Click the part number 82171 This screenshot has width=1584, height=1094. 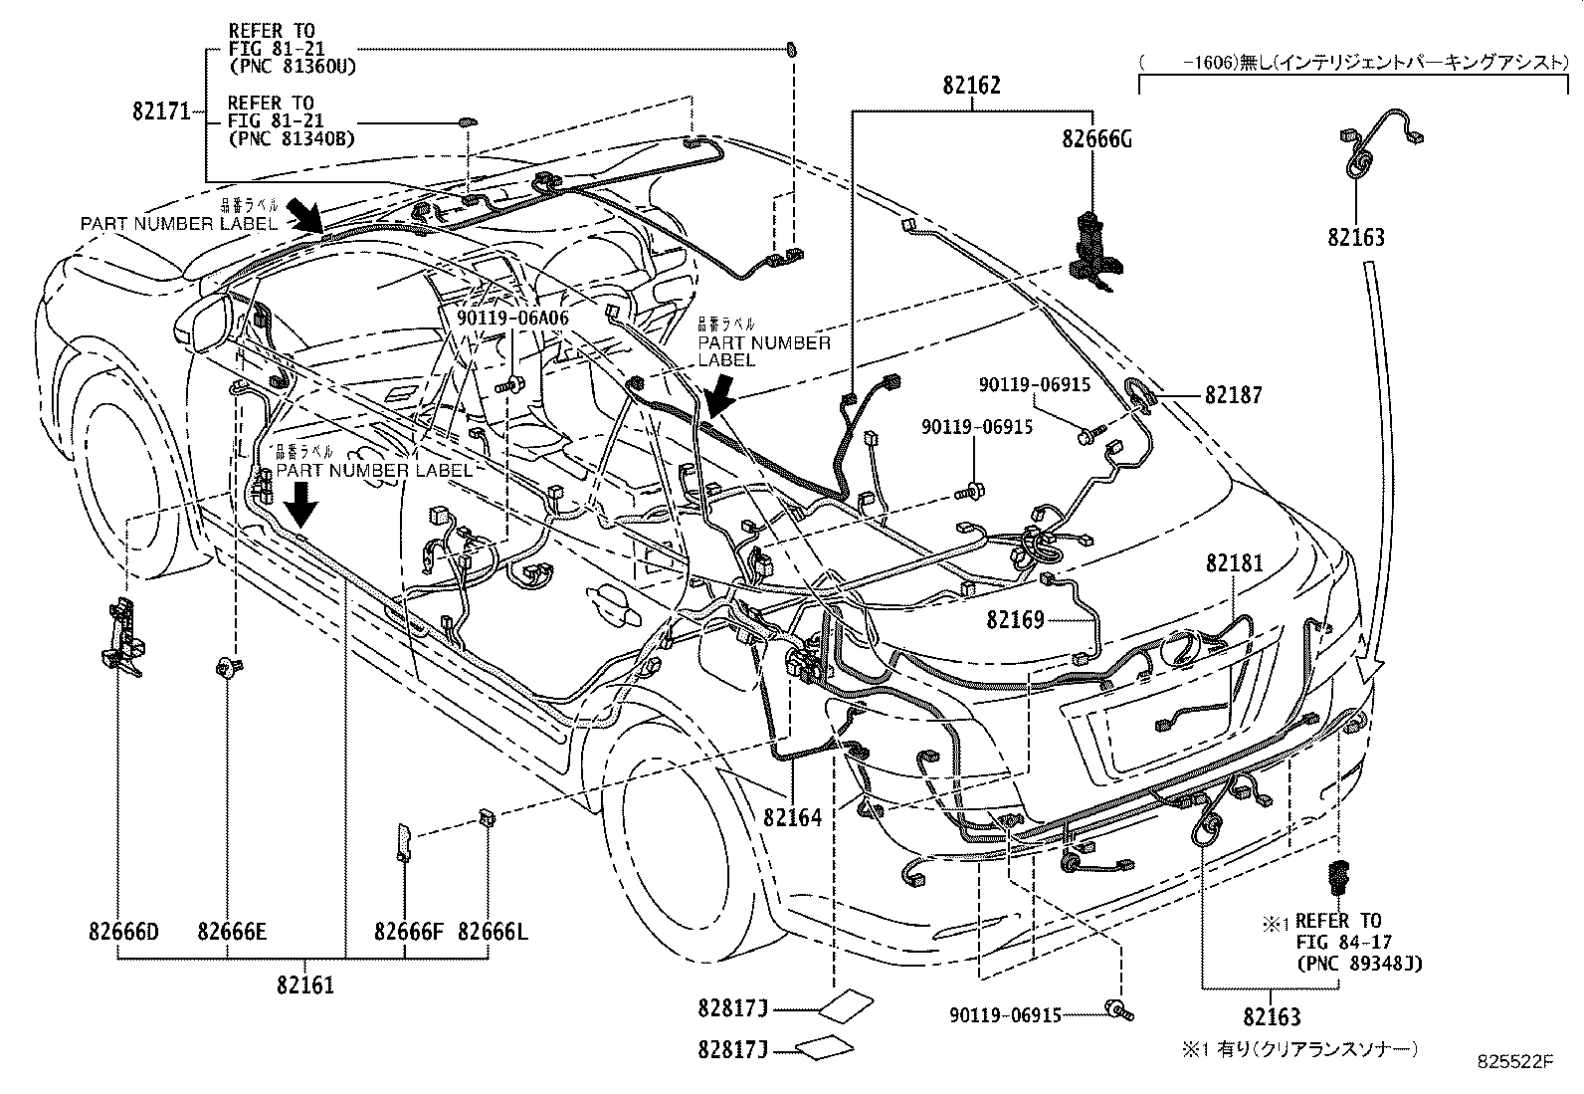pos(160,111)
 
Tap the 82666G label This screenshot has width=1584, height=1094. pos(1096,140)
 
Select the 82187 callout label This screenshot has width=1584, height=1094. pos(1233,395)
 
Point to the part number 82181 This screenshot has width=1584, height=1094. pos(1234,563)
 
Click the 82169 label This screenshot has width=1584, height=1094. pos(1016,620)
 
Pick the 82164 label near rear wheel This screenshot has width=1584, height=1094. pos(792,817)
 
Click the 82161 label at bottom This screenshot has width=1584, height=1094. pos(305,985)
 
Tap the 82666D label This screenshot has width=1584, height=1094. pos(123,933)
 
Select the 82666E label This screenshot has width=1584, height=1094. pos(231,933)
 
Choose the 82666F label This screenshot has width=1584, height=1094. pos(408,933)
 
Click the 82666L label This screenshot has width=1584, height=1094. pos(493,933)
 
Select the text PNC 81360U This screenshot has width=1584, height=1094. pos(293,67)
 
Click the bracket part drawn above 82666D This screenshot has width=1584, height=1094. pos(120,637)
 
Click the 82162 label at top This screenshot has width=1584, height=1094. pos(971,86)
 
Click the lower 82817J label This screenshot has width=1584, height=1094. pos(733,1049)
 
